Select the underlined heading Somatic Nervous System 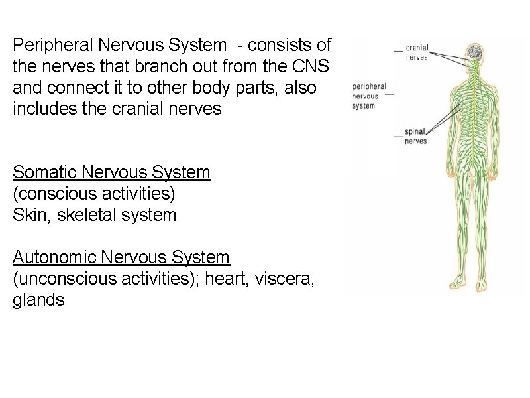tap(111, 173)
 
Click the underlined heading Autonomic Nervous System tap(121, 257)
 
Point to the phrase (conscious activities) tap(95, 194)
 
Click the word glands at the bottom tap(38, 300)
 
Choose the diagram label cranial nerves tap(416, 52)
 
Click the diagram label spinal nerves tap(416, 137)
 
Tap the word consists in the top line tap(277, 46)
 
